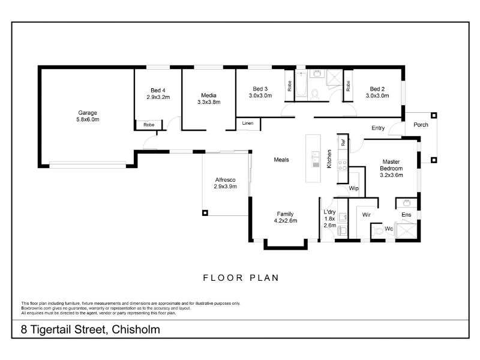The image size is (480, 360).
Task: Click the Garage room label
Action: (x=88, y=113)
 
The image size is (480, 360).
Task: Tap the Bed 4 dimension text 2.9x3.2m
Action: (x=158, y=97)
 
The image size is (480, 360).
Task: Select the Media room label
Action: (x=209, y=95)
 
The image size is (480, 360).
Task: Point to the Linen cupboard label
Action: (x=248, y=123)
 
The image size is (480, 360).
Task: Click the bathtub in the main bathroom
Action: (x=302, y=84)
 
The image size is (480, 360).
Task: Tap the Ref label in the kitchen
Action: (x=343, y=142)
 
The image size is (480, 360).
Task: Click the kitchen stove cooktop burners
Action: (x=343, y=166)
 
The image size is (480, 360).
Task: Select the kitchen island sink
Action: (x=316, y=159)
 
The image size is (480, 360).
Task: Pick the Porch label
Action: (x=421, y=125)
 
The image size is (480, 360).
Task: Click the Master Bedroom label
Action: (x=391, y=165)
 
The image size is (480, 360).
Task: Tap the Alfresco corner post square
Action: (x=205, y=213)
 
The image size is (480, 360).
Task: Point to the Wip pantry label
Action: (x=353, y=188)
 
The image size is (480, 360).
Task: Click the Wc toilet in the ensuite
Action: (x=379, y=230)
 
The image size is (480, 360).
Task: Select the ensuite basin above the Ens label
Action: (x=407, y=203)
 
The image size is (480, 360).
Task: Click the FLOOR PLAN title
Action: (x=241, y=278)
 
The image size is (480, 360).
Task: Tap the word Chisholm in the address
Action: (x=136, y=329)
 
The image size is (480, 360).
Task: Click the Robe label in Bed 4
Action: (x=149, y=125)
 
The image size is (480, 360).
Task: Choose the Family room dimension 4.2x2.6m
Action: (x=286, y=220)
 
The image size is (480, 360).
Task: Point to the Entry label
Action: (x=378, y=128)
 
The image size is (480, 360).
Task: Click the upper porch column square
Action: (x=434, y=115)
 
